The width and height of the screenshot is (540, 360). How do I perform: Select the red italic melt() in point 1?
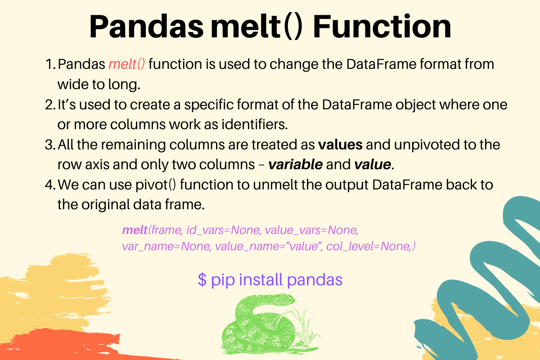pos(126,64)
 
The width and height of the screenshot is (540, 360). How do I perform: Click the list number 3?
pos(49,145)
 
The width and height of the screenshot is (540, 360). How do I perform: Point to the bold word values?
pos(340,145)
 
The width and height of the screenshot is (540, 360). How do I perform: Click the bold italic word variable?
pos(295,165)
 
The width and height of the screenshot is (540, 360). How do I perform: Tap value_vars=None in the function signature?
pos(311,230)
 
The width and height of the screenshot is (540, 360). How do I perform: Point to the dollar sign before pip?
pos(202,279)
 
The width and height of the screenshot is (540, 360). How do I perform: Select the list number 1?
pos(49,64)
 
